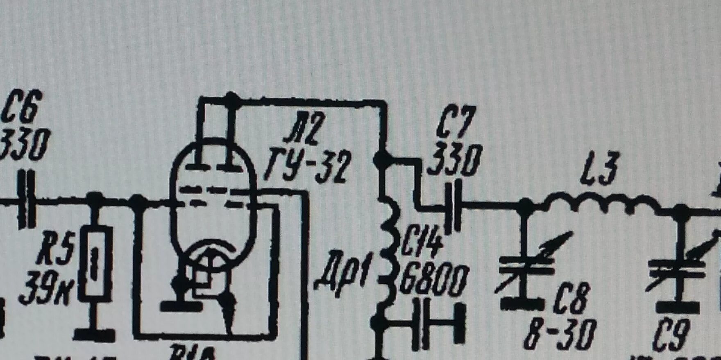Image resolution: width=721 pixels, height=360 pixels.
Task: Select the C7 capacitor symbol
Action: pos(454,204)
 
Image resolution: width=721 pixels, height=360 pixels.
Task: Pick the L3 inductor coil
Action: pos(602,204)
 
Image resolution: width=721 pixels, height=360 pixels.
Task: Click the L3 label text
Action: pos(600,168)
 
